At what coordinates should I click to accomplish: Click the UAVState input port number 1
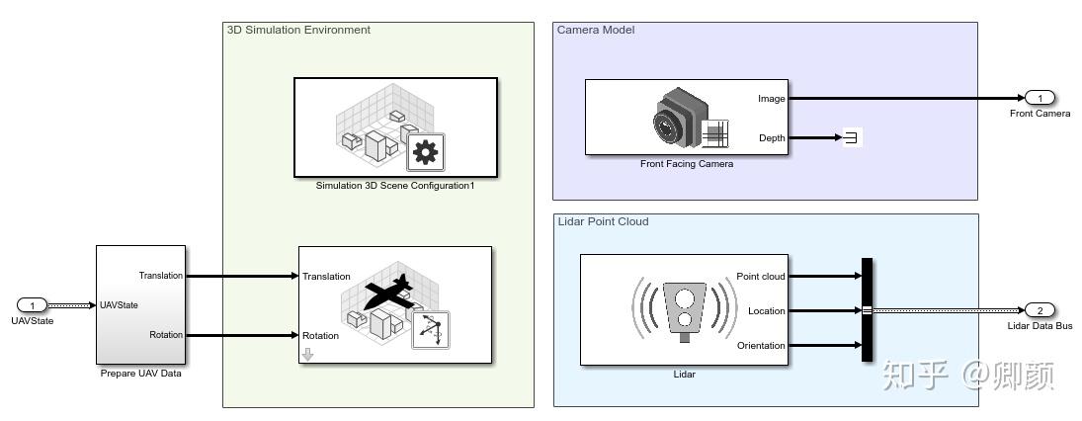[32, 305]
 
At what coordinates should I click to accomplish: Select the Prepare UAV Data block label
[140, 375]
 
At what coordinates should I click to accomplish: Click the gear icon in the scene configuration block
[425, 151]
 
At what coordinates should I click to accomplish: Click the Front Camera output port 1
[1040, 98]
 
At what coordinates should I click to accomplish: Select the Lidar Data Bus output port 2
[1040, 310]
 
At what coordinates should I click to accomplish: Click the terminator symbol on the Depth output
[852, 138]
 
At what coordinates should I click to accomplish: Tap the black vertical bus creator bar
[868, 310]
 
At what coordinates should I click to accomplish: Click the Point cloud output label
[761, 276]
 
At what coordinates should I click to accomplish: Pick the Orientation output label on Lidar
[761, 345]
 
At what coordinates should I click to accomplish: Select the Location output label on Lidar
[767, 310]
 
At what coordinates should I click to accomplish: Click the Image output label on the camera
[772, 99]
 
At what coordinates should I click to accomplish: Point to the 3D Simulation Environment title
[298, 30]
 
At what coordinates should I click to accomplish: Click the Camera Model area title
[596, 30]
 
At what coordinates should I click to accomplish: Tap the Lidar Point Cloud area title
[603, 221]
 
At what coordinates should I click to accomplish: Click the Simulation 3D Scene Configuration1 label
[395, 185]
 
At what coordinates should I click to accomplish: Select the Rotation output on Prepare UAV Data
[166, 335]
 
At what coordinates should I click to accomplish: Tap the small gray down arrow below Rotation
[307, 354]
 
